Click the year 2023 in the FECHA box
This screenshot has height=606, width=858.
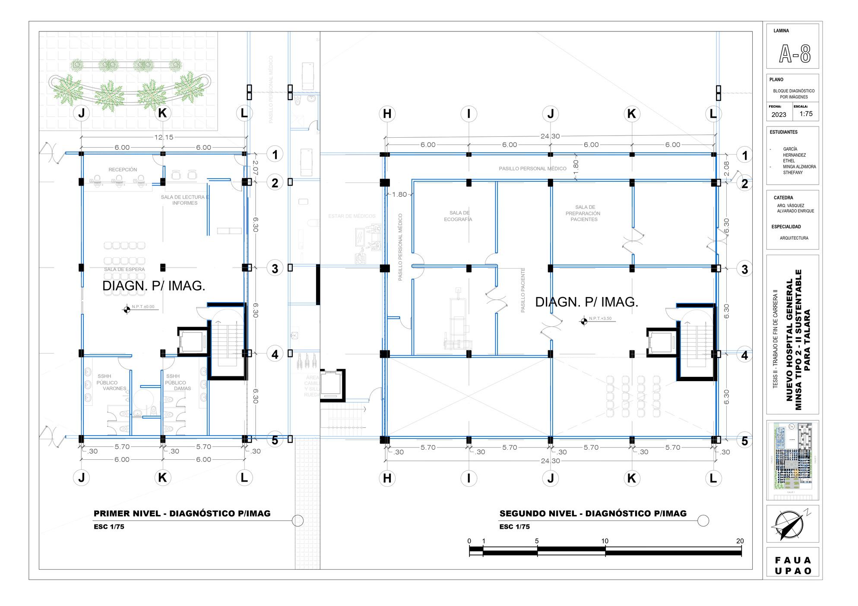(779, 115)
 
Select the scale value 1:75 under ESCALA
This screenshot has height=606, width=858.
(806, 114)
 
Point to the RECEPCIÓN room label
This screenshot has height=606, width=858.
(123, 170)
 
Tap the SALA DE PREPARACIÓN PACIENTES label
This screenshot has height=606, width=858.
(584, 213)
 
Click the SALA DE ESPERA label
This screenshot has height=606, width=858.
(124, 269)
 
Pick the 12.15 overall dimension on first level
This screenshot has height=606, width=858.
(164, 137)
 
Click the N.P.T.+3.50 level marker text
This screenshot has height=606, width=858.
(600, 319)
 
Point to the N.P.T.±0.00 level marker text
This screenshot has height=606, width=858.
(143, 307)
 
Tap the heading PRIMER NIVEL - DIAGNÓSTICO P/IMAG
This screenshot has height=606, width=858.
(182, 514)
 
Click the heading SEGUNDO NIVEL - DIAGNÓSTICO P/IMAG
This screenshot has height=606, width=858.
(592, 514)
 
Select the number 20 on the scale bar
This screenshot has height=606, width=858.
(740, 541)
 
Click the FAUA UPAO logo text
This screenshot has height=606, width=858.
(793, 565)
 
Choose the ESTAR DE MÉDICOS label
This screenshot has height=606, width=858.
(351, 216)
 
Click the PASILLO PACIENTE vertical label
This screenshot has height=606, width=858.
(523, 290)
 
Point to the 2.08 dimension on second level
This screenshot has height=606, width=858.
(726, 169)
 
